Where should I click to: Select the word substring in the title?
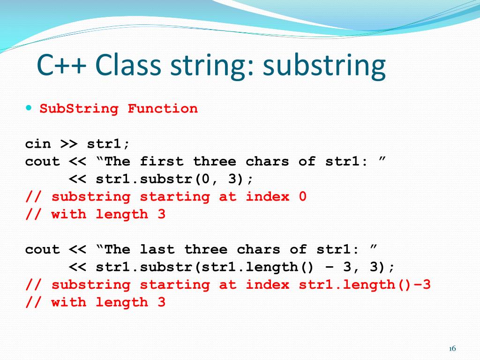click(x=324, y=67)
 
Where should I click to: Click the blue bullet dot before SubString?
click(x=29, y=108)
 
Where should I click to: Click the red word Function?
click(x=163, y=109)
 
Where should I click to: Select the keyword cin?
click(x=38, y=144)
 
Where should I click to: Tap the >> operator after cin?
click(x=69, y=144)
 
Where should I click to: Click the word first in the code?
click(x=162, y=162)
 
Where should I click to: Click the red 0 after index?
click(x=302, y=197)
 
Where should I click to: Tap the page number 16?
click(x=452, y=348)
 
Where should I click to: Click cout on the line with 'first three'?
click(x=43, y=162)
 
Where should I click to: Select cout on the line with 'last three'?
click(x=43, y=249)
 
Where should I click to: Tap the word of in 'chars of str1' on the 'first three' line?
click(x=307, y=162)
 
